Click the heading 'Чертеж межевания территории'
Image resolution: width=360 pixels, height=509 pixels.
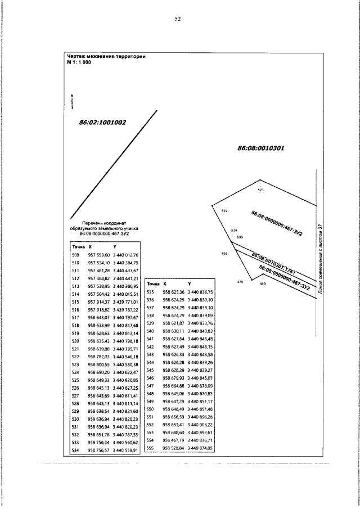click(106, 56)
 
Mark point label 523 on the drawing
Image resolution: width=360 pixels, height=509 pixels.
click(260, 190)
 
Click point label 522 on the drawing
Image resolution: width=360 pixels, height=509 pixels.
click(224, 211)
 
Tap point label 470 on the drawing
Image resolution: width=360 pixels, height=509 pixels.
click(240, 281)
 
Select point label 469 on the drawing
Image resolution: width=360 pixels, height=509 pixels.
click(262, 284)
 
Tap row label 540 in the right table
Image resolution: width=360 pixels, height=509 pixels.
click(150, 331)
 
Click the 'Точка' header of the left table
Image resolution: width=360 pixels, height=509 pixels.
click(78, 246)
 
